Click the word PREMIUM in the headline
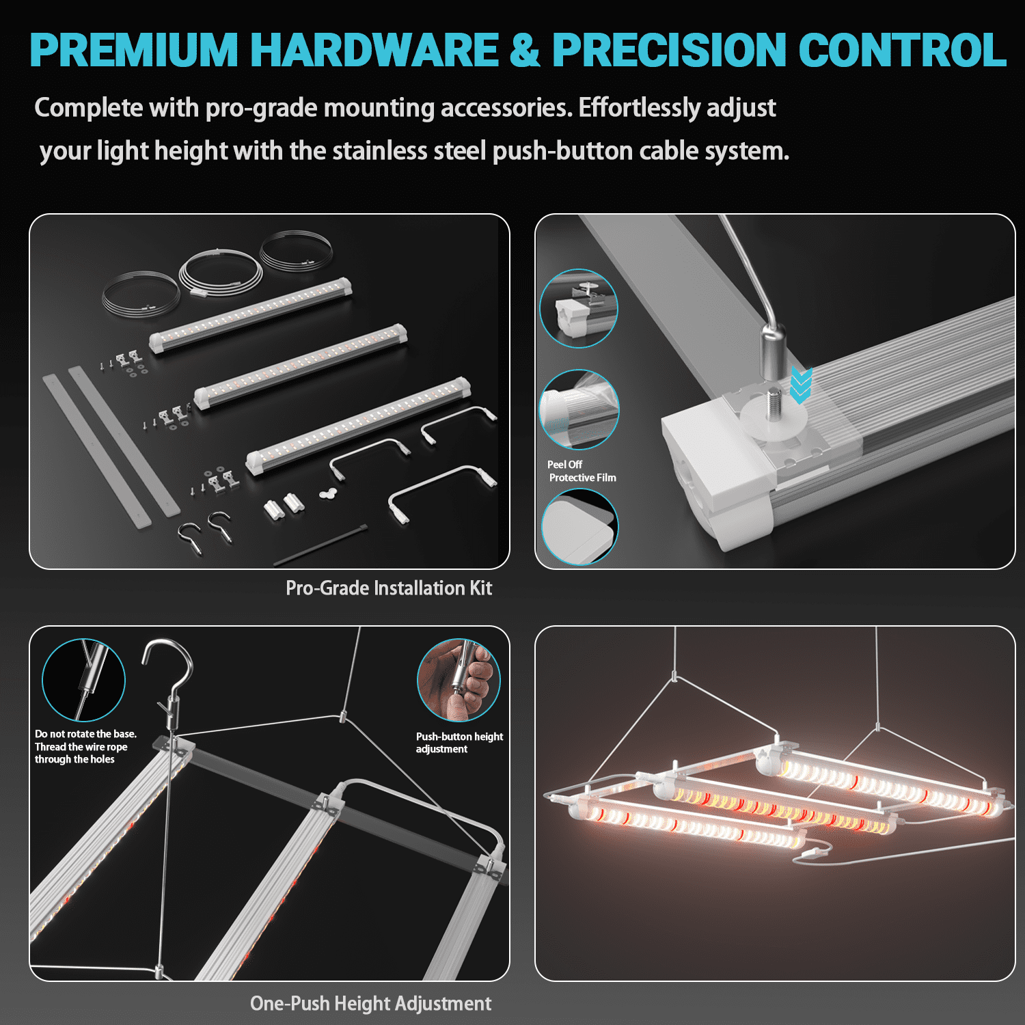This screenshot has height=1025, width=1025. point(134,50)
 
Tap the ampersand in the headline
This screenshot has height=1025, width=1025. point(524,50)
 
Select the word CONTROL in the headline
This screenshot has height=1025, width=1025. point(902,50)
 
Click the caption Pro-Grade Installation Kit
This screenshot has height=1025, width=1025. point(389,588)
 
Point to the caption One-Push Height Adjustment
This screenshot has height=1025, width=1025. point(370,1003)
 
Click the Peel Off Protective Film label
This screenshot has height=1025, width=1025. point(582,471)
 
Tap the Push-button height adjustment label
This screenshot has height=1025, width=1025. point(459,743)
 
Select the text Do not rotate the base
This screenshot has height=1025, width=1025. point(85,734)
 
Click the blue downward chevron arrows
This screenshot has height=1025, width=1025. point(800,385)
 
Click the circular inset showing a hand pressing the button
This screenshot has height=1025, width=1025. point(459,680)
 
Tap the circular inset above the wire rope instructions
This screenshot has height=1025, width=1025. point(83,680)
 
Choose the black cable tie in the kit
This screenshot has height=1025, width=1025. point(320,545)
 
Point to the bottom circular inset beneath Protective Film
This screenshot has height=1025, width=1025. point(579,527)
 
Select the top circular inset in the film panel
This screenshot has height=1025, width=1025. point(579,308)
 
